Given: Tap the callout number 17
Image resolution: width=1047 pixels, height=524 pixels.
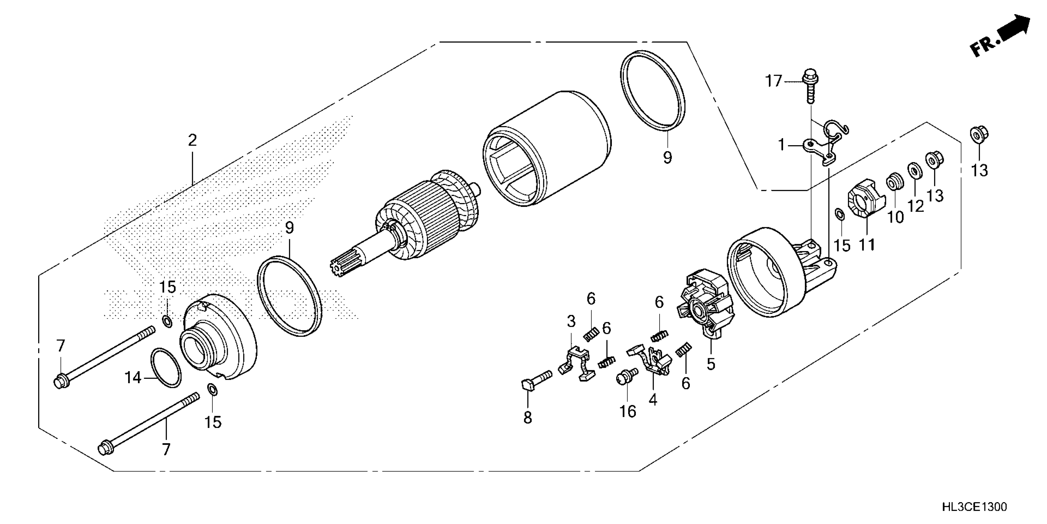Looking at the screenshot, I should pyautogui.click(x=774, y=81).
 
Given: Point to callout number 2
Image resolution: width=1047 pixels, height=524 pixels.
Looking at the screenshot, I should pyautogui.click(x=192, y=140).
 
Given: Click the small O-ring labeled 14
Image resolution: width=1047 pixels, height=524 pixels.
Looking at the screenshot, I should pyautogui.click(x=166, y=368).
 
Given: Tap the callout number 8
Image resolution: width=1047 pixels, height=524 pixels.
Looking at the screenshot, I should pyautogui.click(x=527, y=417).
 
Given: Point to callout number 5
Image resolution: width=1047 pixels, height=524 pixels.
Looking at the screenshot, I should pyautogui.click(x=710, y=364).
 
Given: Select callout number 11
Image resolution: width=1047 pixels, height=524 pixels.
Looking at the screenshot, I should pyautogui.click(x=867, y=245).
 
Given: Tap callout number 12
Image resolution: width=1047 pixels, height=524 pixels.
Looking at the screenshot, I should pyautogui.click(x=916, y=207).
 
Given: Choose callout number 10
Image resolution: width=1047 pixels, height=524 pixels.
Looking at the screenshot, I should pyautogui.click(x=895, y=217).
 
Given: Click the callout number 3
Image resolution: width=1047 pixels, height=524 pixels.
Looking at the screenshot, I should pyautogui.click(x=571, y=321).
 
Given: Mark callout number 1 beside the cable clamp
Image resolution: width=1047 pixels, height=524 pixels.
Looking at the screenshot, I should pyautogui.click(x=781, y=145).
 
